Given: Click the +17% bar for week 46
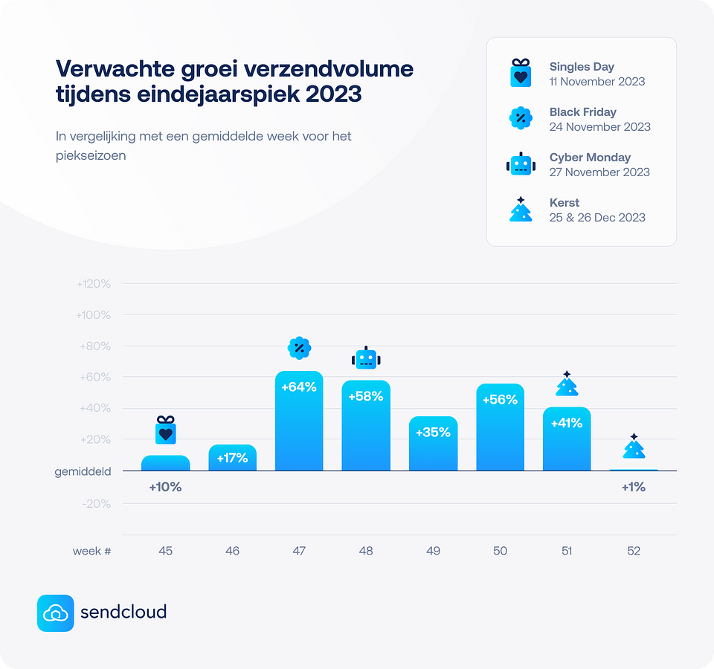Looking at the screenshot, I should (x=232, y=458).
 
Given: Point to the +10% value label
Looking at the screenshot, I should (x=165, y=488).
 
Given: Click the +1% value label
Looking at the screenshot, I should (x=633, y=488).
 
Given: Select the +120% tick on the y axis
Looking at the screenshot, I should (x=94, y=284).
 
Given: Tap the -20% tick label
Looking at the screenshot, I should (x=97, y=504).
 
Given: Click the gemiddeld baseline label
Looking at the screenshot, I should (x=83, y=471).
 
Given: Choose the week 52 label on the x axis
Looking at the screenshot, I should (x=633, y=551).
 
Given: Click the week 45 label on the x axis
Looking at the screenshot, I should (x=165, y=551).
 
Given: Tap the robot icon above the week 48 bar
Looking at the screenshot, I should (x=366, y=358).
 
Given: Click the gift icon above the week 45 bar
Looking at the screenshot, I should (x=165, y=430).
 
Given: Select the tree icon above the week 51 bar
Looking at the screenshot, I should (x=567, y=384).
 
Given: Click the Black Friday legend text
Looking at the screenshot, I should (x=583, y=112).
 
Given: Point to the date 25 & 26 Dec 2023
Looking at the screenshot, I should (x=597, y=218).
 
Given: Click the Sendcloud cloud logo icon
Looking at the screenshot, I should (x=56, y=613).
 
